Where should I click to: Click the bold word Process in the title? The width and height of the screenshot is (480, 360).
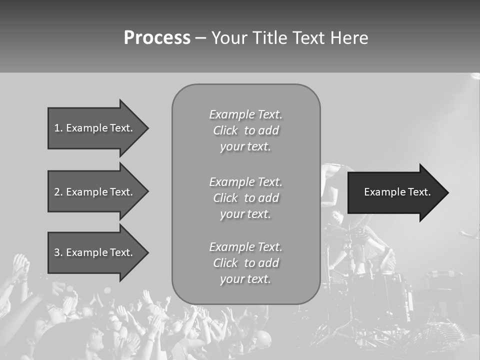pos(157,38)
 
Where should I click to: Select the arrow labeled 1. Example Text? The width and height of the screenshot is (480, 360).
pos(95,128)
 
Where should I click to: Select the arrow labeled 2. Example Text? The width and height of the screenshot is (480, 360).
pos(95,192)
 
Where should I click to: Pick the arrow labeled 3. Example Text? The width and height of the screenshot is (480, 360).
pos(95,252)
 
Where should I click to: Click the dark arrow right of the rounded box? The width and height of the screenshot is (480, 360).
pos(395,192)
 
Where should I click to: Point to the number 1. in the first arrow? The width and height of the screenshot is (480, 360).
pos(58,128)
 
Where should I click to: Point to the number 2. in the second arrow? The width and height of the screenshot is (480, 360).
pos(58,192)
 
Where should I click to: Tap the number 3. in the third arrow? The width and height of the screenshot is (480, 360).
pos(58,252)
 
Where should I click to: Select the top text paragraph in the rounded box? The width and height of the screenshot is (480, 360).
pos(245,130)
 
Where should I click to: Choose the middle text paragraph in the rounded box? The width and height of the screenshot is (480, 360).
pos(245,198)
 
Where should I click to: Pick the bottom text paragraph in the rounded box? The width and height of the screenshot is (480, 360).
pos(245,263)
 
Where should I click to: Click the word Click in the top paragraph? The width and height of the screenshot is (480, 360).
pos(225,130)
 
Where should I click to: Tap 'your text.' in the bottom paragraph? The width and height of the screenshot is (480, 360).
pos(245,279)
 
